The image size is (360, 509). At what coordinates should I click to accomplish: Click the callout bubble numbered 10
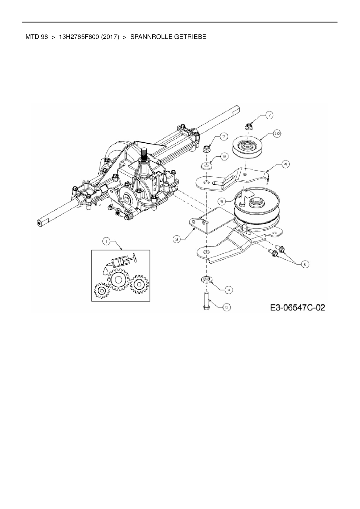[x=277, y=133]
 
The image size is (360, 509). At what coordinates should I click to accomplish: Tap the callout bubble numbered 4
[x=285, y=164]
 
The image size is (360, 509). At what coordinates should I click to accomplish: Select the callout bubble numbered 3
[x=177, y=239]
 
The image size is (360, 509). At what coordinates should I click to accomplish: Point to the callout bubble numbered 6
[x=305, y=264]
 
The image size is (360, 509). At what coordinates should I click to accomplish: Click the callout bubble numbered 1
[x=106, y=241]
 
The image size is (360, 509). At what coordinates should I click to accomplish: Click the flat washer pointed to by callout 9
[x=206, y=166]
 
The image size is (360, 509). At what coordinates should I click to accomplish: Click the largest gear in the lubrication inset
[x=118, y=280]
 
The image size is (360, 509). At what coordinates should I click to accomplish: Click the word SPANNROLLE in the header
[x=148, y=37]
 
